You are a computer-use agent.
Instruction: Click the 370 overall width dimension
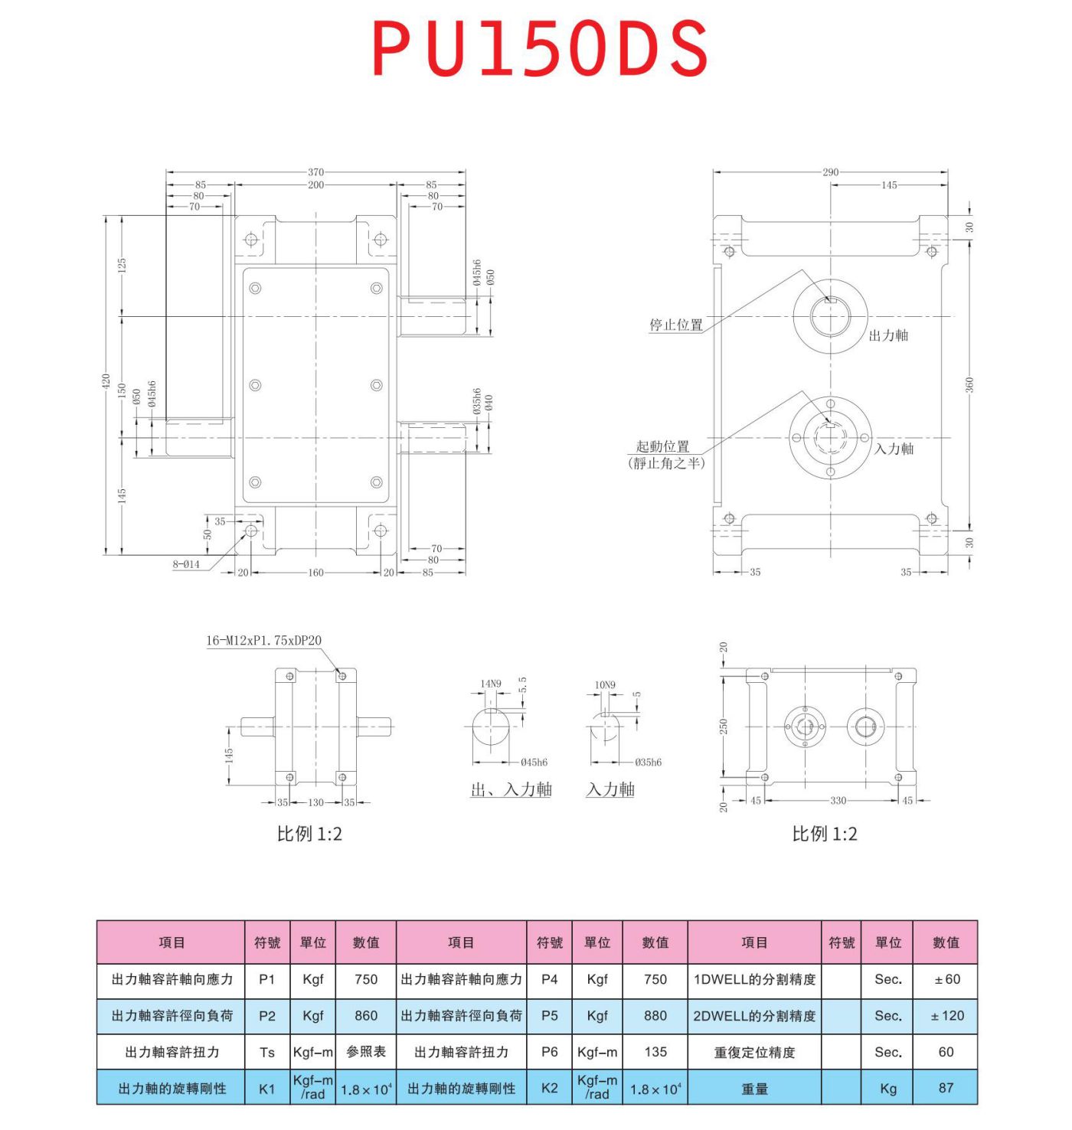(315, 172)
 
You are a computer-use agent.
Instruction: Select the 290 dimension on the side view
(830, 172)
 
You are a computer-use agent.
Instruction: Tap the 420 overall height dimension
(106, 380)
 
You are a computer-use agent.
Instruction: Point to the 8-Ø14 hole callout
(186, 564)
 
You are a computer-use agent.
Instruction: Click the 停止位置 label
(675, 325)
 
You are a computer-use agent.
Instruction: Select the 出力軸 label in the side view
(888, 335)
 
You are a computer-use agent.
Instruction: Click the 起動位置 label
(662, 446)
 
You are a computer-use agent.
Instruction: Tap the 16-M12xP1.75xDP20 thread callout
(263, 641)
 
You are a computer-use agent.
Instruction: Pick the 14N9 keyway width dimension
(491, 684)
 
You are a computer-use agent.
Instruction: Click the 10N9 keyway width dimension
(605, 684)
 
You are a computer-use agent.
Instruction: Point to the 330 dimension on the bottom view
(838, 801)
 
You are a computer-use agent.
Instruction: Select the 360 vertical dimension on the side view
(969, 385)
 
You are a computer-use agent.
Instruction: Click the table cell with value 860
(366, 1016)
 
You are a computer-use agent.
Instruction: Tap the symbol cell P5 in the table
(549, 1016)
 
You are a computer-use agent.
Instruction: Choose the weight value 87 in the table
(946, 1088)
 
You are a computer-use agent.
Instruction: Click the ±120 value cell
(946, 1016)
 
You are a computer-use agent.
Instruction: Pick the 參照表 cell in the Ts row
(366, 1052)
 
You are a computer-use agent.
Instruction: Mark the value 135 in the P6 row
(655, 1052)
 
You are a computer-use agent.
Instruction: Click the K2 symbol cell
(549, 1088)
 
